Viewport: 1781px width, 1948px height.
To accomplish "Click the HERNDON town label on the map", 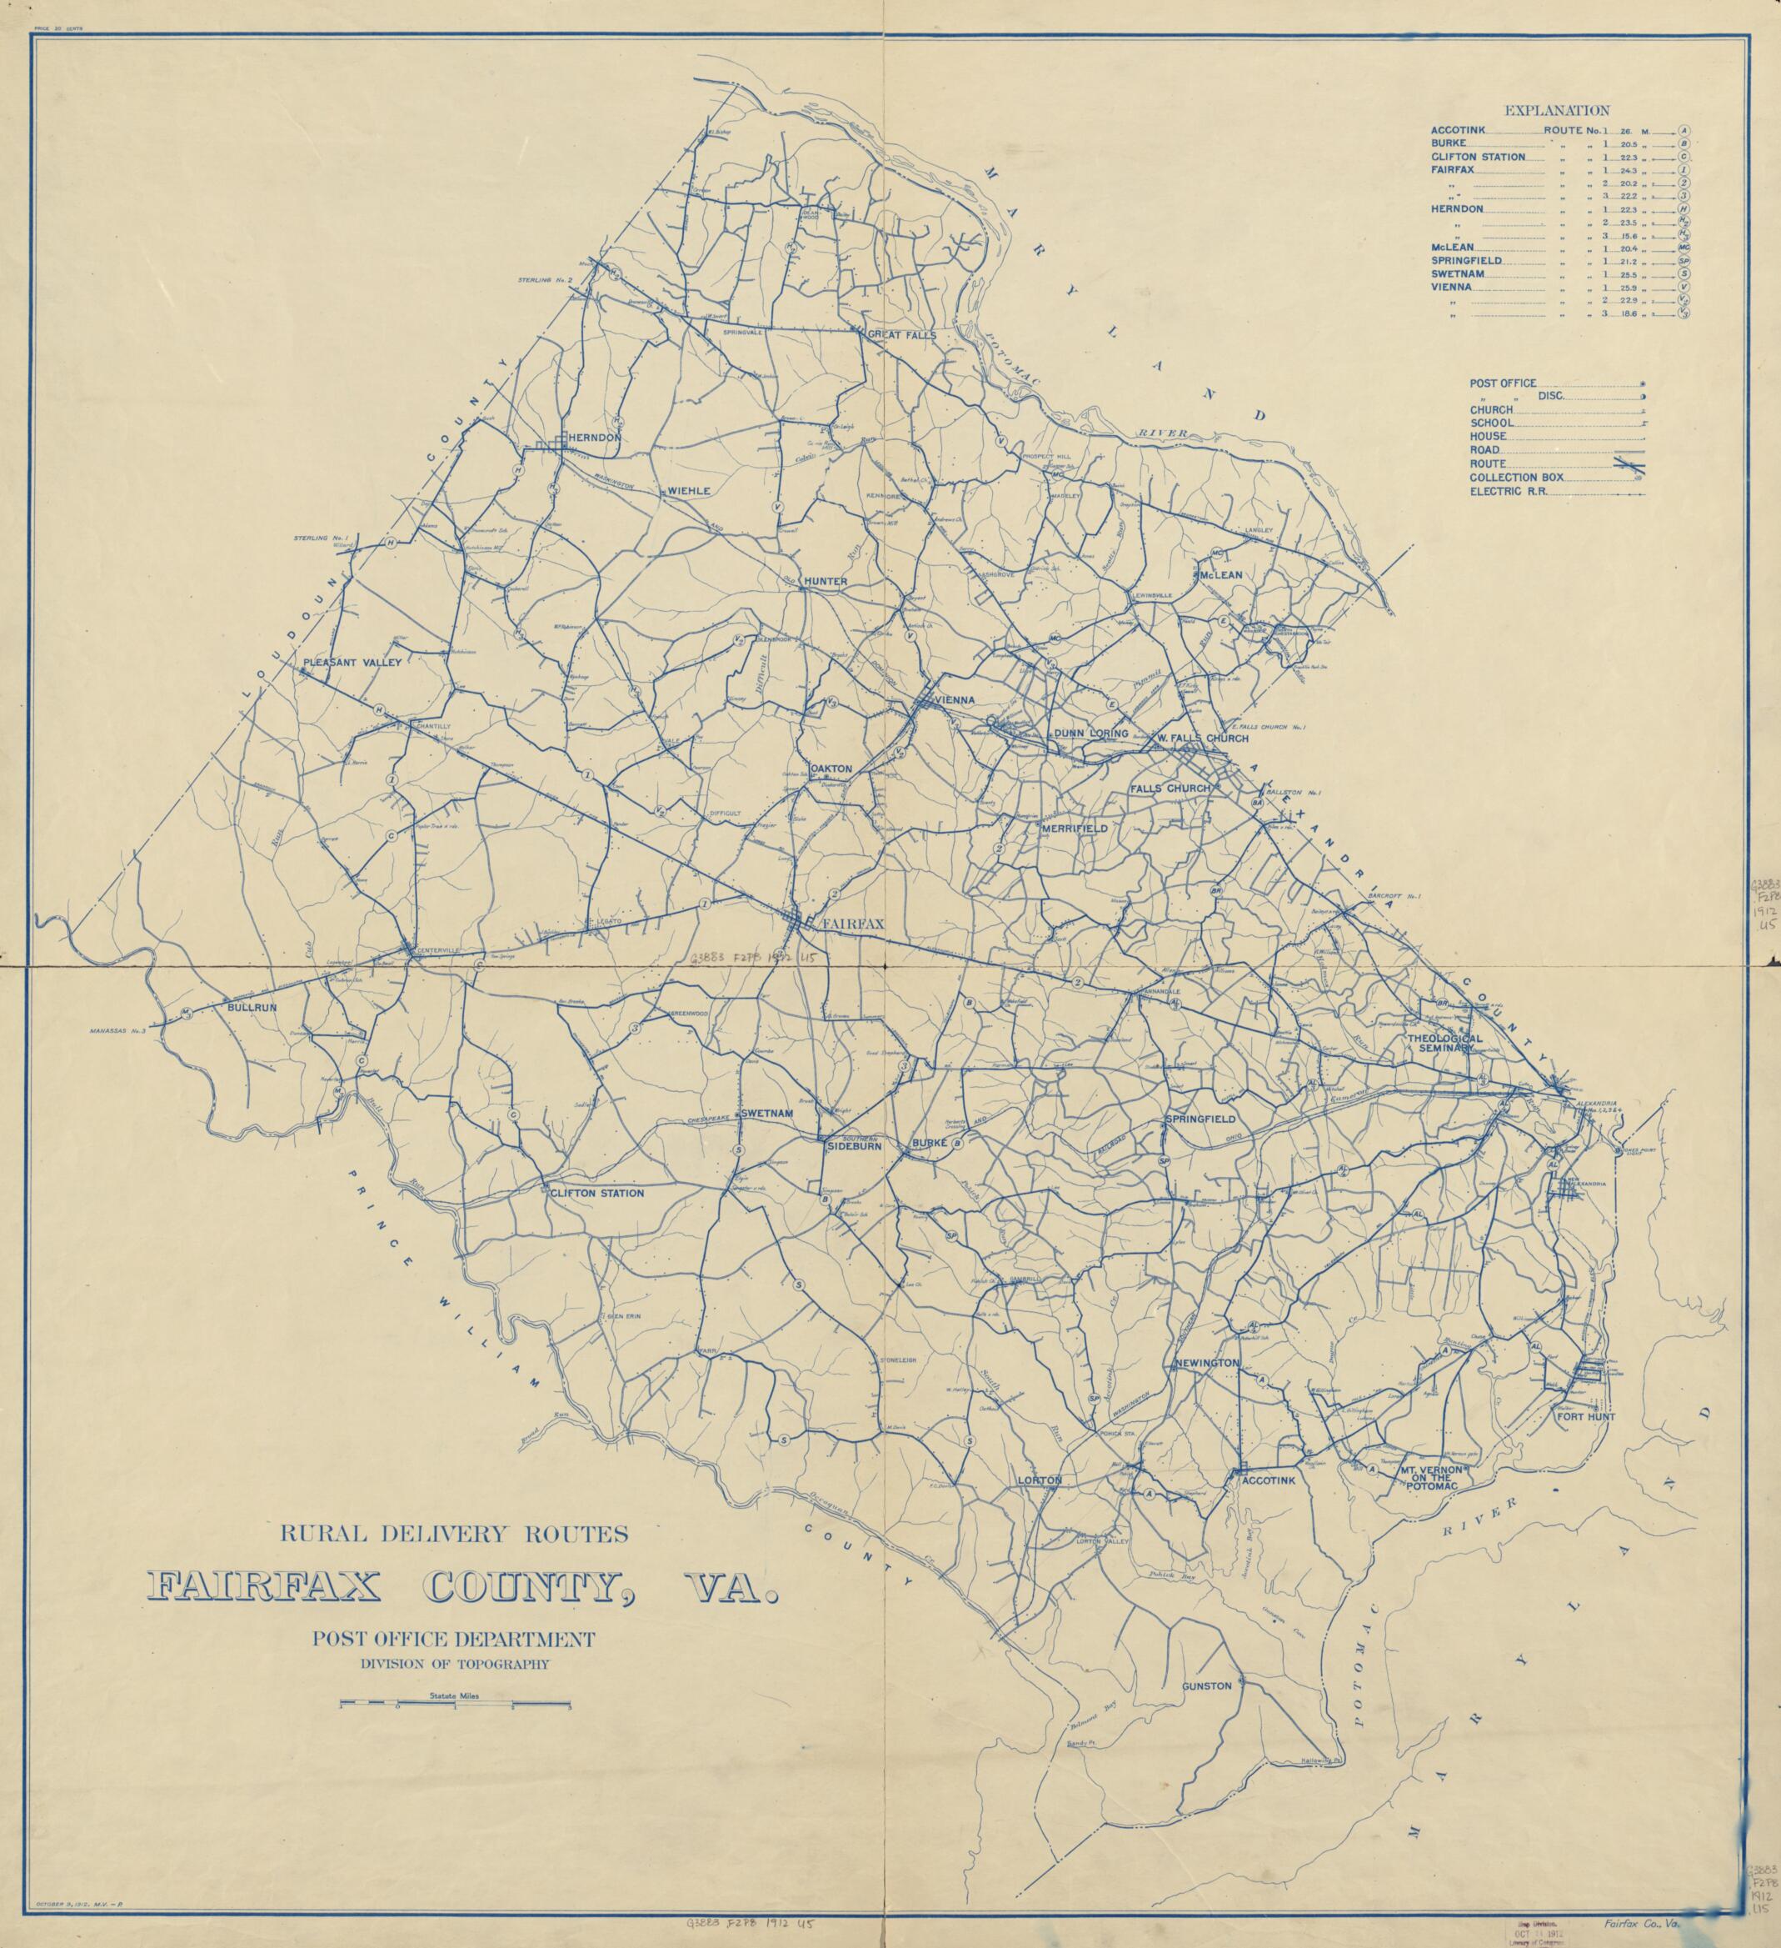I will click(x=594, y=438).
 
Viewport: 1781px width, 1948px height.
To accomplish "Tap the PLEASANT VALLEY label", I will click(x=352, y=663).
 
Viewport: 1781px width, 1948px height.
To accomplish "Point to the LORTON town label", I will click(x=1040, y=1480).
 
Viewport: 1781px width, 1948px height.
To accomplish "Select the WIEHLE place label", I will click(x=689, y=491).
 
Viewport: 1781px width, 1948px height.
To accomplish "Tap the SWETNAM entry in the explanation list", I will click(x=1458, y=274).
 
